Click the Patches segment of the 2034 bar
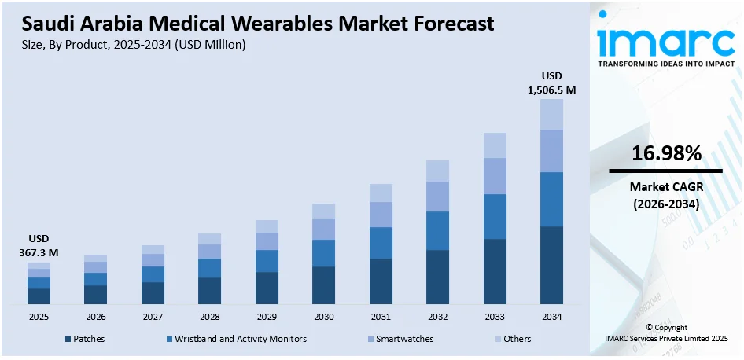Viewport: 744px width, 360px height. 551,265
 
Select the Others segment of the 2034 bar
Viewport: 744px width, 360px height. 551,114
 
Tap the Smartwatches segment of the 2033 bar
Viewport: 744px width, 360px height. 495,176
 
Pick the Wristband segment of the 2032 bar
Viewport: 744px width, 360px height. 437,230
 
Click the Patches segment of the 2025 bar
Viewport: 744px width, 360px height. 39,296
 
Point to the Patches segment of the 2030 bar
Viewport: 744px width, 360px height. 323,285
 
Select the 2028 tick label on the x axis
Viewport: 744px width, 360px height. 209,316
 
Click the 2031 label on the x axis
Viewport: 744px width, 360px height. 381,316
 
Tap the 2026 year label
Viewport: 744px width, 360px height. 95,316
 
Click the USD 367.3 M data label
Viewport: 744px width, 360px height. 39,245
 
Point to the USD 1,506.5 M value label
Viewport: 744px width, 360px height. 551,83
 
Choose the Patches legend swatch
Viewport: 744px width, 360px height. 68,339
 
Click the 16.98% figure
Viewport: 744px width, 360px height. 665,154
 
